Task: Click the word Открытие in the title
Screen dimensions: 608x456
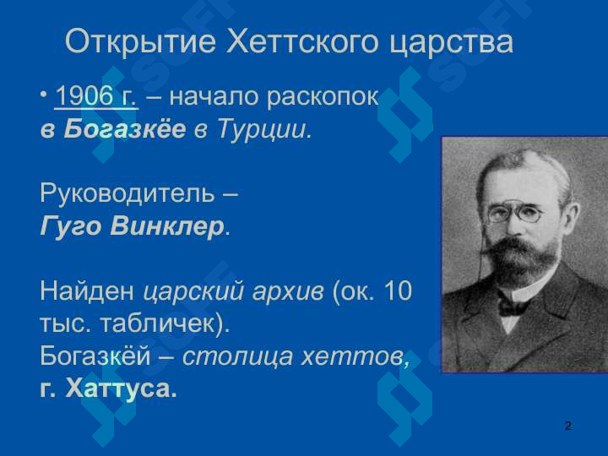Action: (140, 41)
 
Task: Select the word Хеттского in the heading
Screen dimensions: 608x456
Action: (302, 41)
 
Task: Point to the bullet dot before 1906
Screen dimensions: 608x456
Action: (44, 95)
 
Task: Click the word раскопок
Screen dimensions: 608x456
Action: (323, 97)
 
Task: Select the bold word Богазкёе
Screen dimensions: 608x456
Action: (125, 128)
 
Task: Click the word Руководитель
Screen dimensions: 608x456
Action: (128, 193)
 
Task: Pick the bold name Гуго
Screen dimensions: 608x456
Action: (71, 226)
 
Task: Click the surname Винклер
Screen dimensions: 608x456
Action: (167, 226)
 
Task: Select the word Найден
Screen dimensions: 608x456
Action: (87, 290)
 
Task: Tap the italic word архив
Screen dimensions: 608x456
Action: (288, 291)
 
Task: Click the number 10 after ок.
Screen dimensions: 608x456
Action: (398, 290)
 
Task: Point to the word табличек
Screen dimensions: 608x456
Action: (157, 323)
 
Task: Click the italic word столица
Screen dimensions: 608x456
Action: (237, 356)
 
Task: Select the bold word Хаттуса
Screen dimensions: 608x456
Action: (117, 388)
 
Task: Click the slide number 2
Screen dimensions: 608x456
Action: (568, 426)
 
